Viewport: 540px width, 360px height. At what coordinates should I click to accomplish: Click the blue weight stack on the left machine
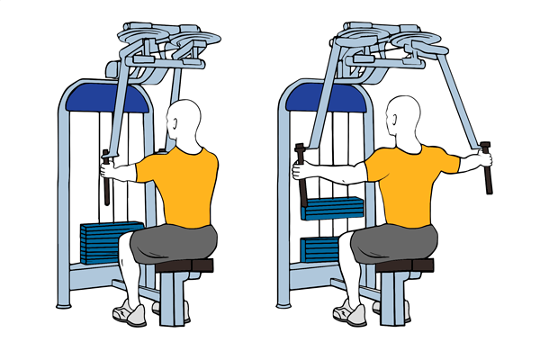(x=110, y=241)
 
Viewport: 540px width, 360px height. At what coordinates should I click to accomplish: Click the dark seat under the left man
(x=185, y=265)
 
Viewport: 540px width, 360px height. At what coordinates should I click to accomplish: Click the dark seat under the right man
(x=404, y=265)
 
